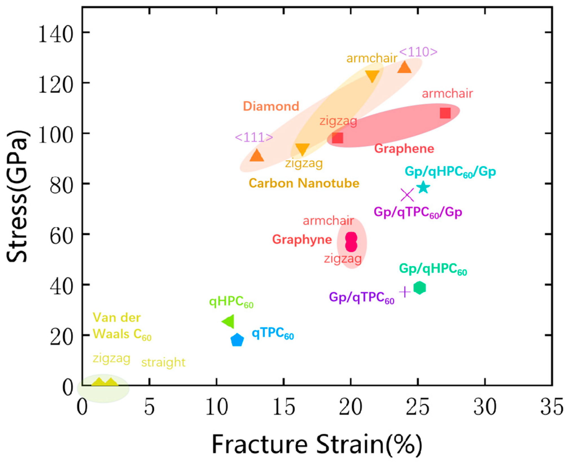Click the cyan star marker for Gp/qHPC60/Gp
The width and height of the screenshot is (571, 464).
(423, 187)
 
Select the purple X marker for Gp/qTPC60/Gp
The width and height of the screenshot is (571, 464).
(407, 195)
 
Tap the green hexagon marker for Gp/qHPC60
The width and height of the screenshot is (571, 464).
(419, 288)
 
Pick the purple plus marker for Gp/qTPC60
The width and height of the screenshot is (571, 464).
(405, 292)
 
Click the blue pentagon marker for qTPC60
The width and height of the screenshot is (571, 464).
(237, 340)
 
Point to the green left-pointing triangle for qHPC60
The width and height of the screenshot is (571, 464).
(229, 321)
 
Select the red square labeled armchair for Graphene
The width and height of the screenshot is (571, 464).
(445, 113)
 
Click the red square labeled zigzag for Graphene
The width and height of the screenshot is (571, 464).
(337, 138)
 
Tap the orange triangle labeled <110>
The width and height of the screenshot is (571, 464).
(404, 67)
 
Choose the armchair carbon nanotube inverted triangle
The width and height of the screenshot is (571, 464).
(372, 76)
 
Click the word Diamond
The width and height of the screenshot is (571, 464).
(271, 106)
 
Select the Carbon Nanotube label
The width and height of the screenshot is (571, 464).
(304, 183)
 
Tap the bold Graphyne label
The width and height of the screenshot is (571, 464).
(302, 239)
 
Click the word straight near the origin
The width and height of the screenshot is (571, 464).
(163, 362)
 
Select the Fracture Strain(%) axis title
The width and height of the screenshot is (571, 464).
(317, 445)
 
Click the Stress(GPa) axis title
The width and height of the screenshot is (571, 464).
(17, 196)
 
